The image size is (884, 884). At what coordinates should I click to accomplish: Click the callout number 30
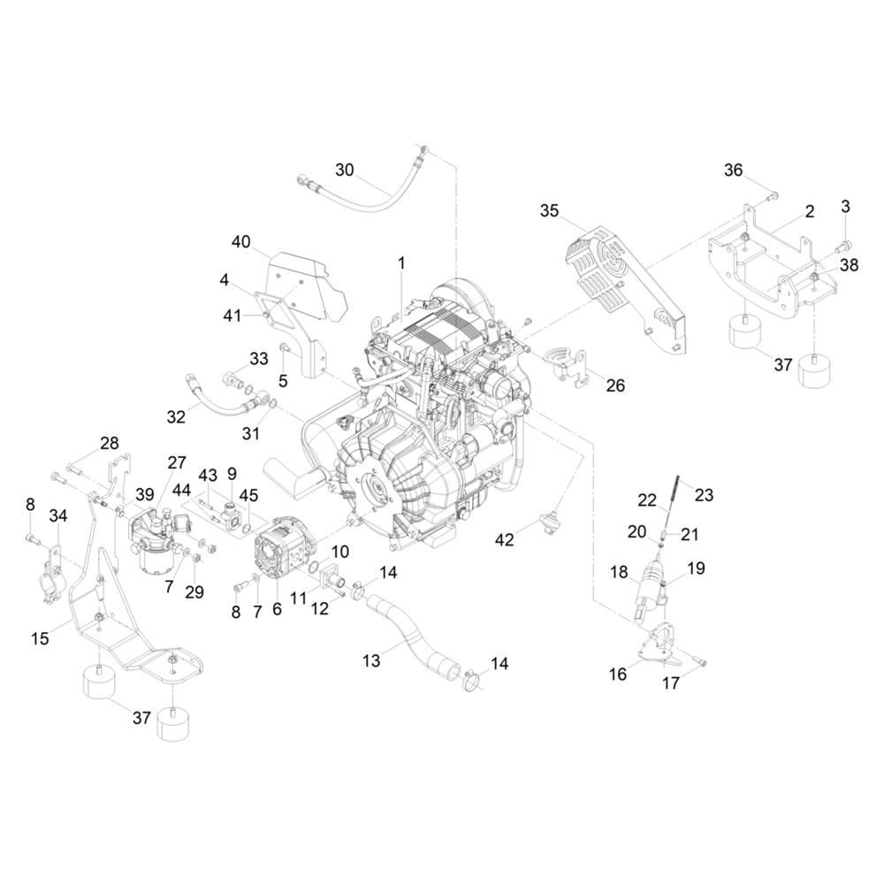point(345,170)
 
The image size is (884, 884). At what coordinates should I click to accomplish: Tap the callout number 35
point(549,211)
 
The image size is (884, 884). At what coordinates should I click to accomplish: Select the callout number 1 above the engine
point(401,263)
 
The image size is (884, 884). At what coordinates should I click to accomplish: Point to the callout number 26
point(615,385)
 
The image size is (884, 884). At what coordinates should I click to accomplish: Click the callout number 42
point(505,539)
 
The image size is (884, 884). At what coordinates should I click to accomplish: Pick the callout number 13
point(371,660)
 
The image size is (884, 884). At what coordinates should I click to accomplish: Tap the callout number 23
point(705,495)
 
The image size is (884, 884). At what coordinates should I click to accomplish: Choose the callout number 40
point(240,242)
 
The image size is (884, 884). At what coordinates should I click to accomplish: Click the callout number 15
point(40,638)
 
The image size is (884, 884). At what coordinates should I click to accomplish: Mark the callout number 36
point(734,170)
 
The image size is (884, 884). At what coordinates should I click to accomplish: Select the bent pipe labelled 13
point(418,637)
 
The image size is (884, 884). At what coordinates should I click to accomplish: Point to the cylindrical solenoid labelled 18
point(649,587)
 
